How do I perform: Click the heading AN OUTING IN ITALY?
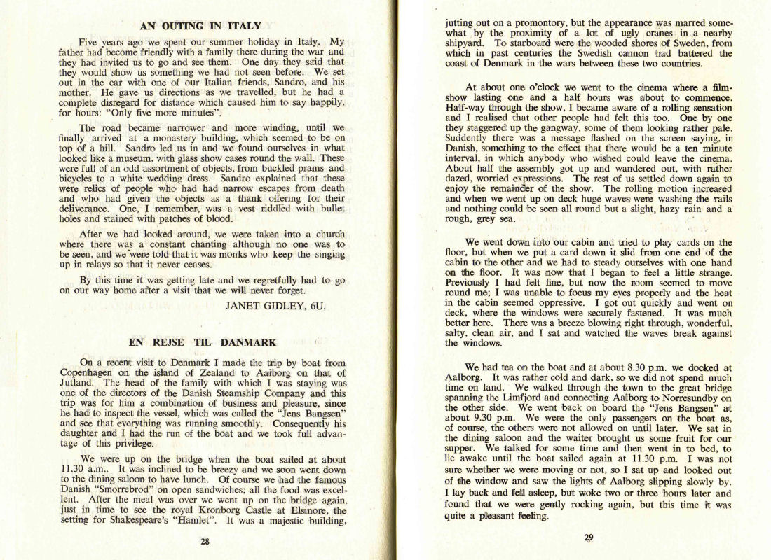tap(200, 27)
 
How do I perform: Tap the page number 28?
tap(204, 540)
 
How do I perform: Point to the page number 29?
tap(588, 538)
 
